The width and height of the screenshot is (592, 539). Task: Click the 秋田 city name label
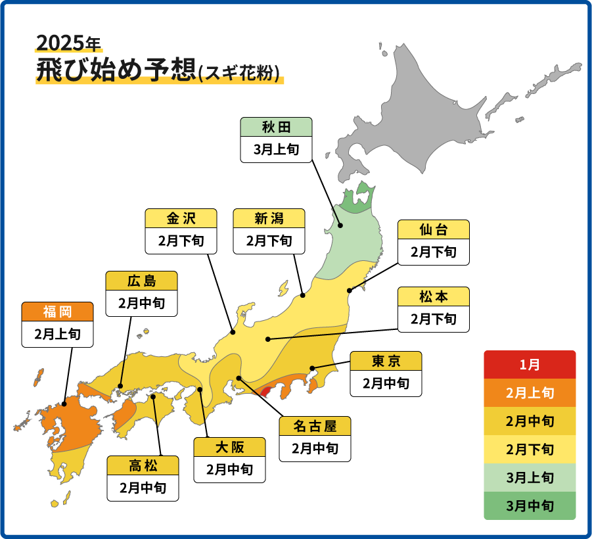coord(276,127)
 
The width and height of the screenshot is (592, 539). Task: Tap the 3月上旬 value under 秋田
coord(276,150)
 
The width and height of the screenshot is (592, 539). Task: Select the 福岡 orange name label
coord(57,311)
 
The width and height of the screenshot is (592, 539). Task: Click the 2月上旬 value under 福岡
coord(57,334)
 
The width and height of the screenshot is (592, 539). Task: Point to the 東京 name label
coord(386,361)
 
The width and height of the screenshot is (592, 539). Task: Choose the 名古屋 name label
coord(315,426)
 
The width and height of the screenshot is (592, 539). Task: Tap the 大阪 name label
coord(229,447)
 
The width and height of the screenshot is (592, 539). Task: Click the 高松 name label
coord(143,465)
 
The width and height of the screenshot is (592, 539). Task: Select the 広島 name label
coord(141,281)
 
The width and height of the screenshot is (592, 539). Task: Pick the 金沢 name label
coord(181,218)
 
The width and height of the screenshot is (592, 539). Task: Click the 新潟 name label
coord(269,218)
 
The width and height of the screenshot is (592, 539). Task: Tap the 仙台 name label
coord(434,229)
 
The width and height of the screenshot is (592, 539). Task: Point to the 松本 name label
coord(434,296)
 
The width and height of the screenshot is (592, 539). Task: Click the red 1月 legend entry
coord(530,364)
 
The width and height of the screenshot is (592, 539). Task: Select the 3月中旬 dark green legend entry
coord(530,506)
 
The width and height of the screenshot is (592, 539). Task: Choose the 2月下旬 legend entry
coord(530,450)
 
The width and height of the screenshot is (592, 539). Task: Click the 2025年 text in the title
coord(68,43)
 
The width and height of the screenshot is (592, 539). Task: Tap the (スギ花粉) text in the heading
coord(240,72)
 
